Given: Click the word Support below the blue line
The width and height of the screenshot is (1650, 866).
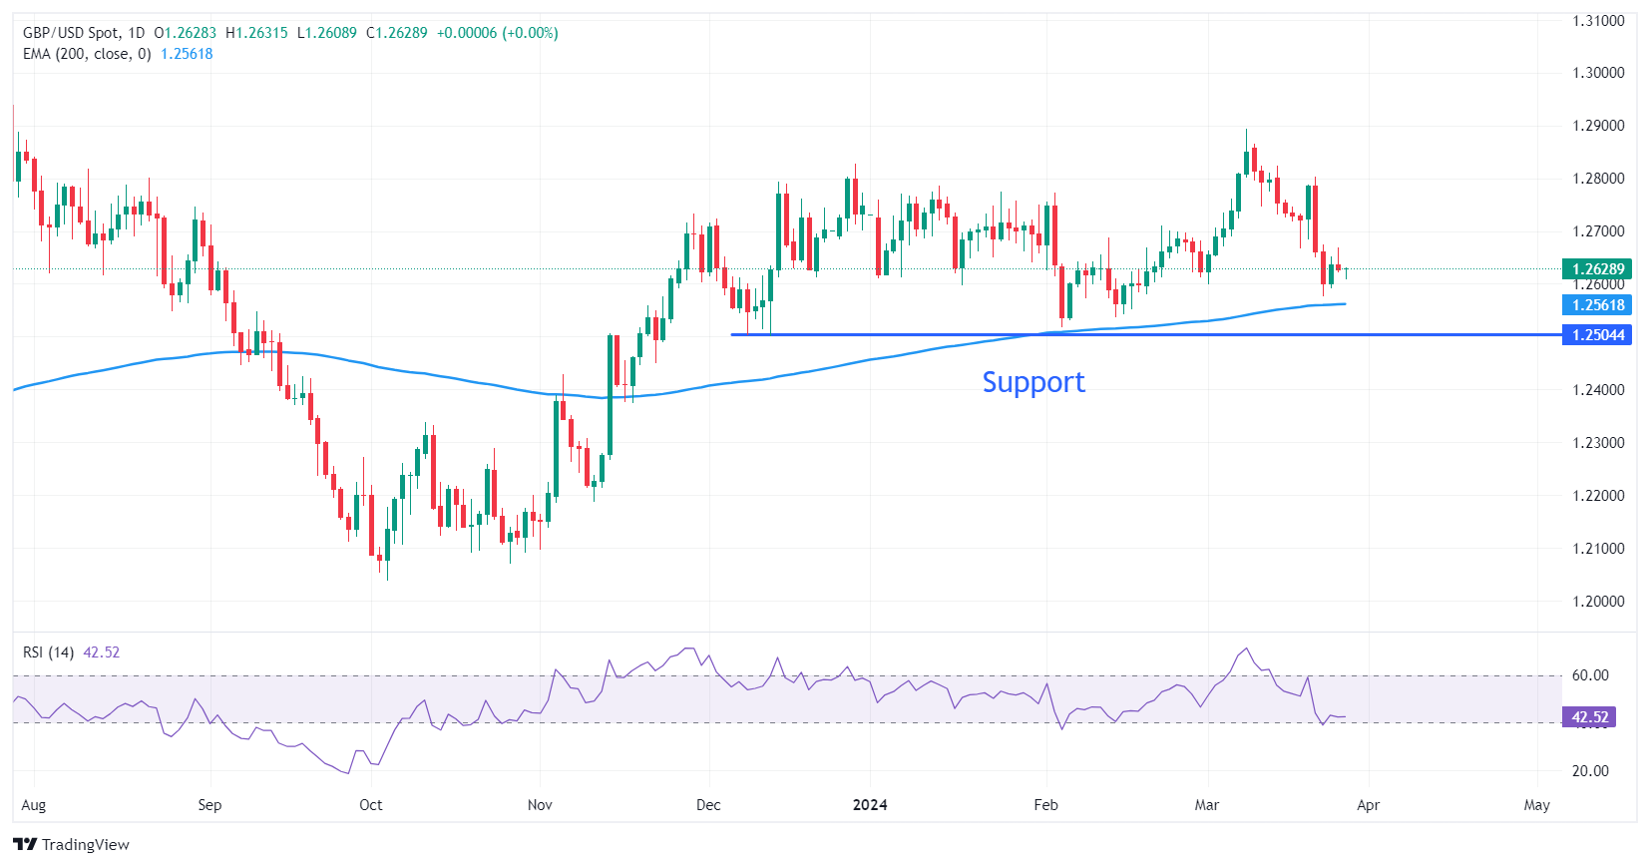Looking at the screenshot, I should click(1033, 382).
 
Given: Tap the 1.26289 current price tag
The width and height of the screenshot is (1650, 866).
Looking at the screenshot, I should click(1597, 268).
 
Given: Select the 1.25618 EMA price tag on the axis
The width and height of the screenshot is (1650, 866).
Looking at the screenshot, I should click(1597, 305).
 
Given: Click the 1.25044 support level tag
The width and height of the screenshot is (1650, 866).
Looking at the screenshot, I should click(1597, 335).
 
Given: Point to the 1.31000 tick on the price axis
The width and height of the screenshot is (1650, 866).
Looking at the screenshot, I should click(1598, 20).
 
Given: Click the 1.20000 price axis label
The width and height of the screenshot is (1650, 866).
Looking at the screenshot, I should click(1598, 602).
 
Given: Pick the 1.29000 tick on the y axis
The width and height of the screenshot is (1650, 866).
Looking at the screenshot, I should click(1598, 126).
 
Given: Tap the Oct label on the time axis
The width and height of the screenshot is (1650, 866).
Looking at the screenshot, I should click(370, 805).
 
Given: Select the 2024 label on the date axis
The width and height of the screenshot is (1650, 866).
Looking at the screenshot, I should click(870, 805).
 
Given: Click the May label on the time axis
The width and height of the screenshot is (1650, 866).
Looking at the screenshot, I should click(1536, 805).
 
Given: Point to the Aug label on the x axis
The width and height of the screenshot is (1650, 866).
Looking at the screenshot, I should click(34, 805).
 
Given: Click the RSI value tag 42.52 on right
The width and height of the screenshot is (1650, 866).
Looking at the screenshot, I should click(1589, 717).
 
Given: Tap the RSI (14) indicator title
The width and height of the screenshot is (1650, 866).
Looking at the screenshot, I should click(49, 652).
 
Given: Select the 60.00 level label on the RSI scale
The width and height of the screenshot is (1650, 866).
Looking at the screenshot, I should click(1590, 675).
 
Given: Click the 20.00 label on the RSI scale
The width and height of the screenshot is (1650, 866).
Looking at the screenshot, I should click(1590, 771).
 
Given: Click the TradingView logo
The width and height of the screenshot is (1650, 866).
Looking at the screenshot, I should click(72, 844).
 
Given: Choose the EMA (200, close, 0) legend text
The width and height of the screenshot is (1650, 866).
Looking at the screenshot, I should click(87, 54).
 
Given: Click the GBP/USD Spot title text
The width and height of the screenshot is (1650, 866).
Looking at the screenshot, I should click(71, 33).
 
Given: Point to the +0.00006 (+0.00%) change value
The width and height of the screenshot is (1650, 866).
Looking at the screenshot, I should click(497, 33).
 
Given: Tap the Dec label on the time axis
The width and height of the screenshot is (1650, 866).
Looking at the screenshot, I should click(708, 805).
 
